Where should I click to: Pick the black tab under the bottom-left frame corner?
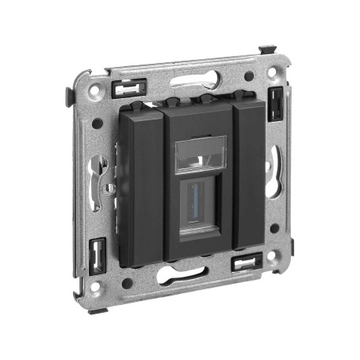coord(96,310)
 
